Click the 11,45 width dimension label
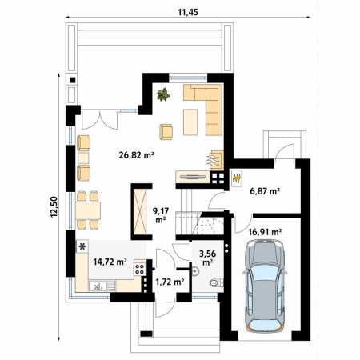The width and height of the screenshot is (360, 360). click(x=188, y=12)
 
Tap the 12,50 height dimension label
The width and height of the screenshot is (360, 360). click(x=54, y=207)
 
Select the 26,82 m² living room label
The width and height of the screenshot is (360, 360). click(x=136, y=155)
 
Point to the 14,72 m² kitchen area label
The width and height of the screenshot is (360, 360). click(x=110, y=262)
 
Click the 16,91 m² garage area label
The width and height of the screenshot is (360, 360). click(x=265, y=232)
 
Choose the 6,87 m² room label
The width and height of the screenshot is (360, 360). click(x=265, y=191)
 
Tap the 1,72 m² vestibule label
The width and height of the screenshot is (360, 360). click(x=170, y=282)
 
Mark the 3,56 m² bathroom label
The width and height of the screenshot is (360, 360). click(x=208, y=258)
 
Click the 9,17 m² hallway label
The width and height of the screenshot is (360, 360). click(x=161, y=215)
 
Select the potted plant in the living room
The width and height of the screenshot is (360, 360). click(x=163, y=94)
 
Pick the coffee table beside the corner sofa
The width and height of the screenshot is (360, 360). click(x=190, y=122)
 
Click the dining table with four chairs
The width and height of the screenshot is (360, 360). click(x=88, y=210)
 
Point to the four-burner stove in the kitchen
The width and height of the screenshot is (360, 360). click(x=139, y=269)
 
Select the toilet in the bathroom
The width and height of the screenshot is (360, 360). click(x=215, y=282)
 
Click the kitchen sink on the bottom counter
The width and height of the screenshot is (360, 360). click(x=98, y=286)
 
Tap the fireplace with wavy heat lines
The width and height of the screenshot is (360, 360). click(x=216, y=160)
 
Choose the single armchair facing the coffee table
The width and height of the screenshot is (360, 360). click(x=166, y=132)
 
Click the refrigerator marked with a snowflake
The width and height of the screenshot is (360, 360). click(x=82, y=246)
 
